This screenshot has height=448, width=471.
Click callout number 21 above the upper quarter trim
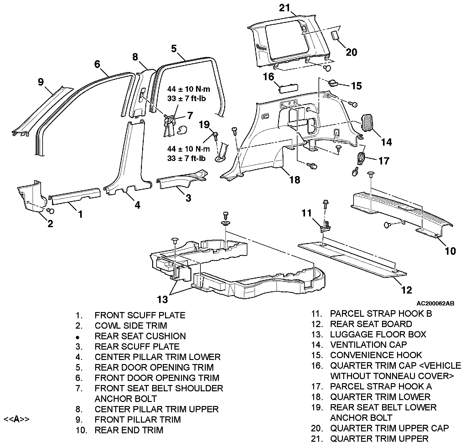tap(285, 8)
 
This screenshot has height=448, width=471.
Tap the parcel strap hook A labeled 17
tap(361, 158)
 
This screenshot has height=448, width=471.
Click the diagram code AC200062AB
tap(435, 304)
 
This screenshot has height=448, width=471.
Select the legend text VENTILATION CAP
tap(368, 345)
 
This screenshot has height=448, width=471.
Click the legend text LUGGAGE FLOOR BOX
tap(378, 334)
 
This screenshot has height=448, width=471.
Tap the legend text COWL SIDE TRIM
tap(131, 326)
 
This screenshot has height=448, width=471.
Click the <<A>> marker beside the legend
tap(16, 419)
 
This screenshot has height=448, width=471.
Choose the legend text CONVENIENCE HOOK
tap(376, 355)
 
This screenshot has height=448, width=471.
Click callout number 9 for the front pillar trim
tap(41, 82)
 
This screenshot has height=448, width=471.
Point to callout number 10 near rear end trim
tap(450, 251)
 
